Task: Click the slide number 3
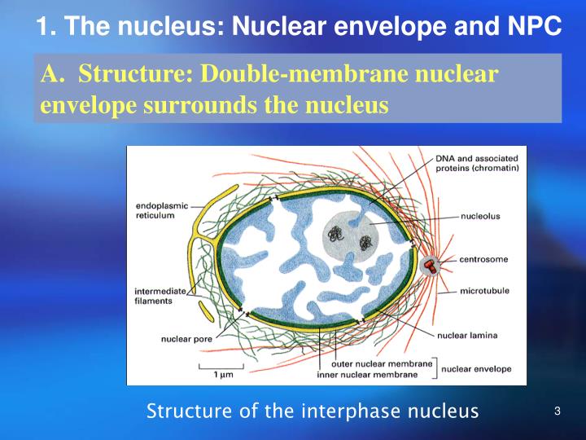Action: click(x=558, y=411)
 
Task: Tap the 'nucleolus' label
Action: click(x=479, y=217)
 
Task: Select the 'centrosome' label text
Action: click(x=483, y=259)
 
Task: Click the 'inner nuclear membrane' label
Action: click(x=367, y=375)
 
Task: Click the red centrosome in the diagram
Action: click(x=430, y=265)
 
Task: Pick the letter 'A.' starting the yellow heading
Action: click(x=52, y=74)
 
